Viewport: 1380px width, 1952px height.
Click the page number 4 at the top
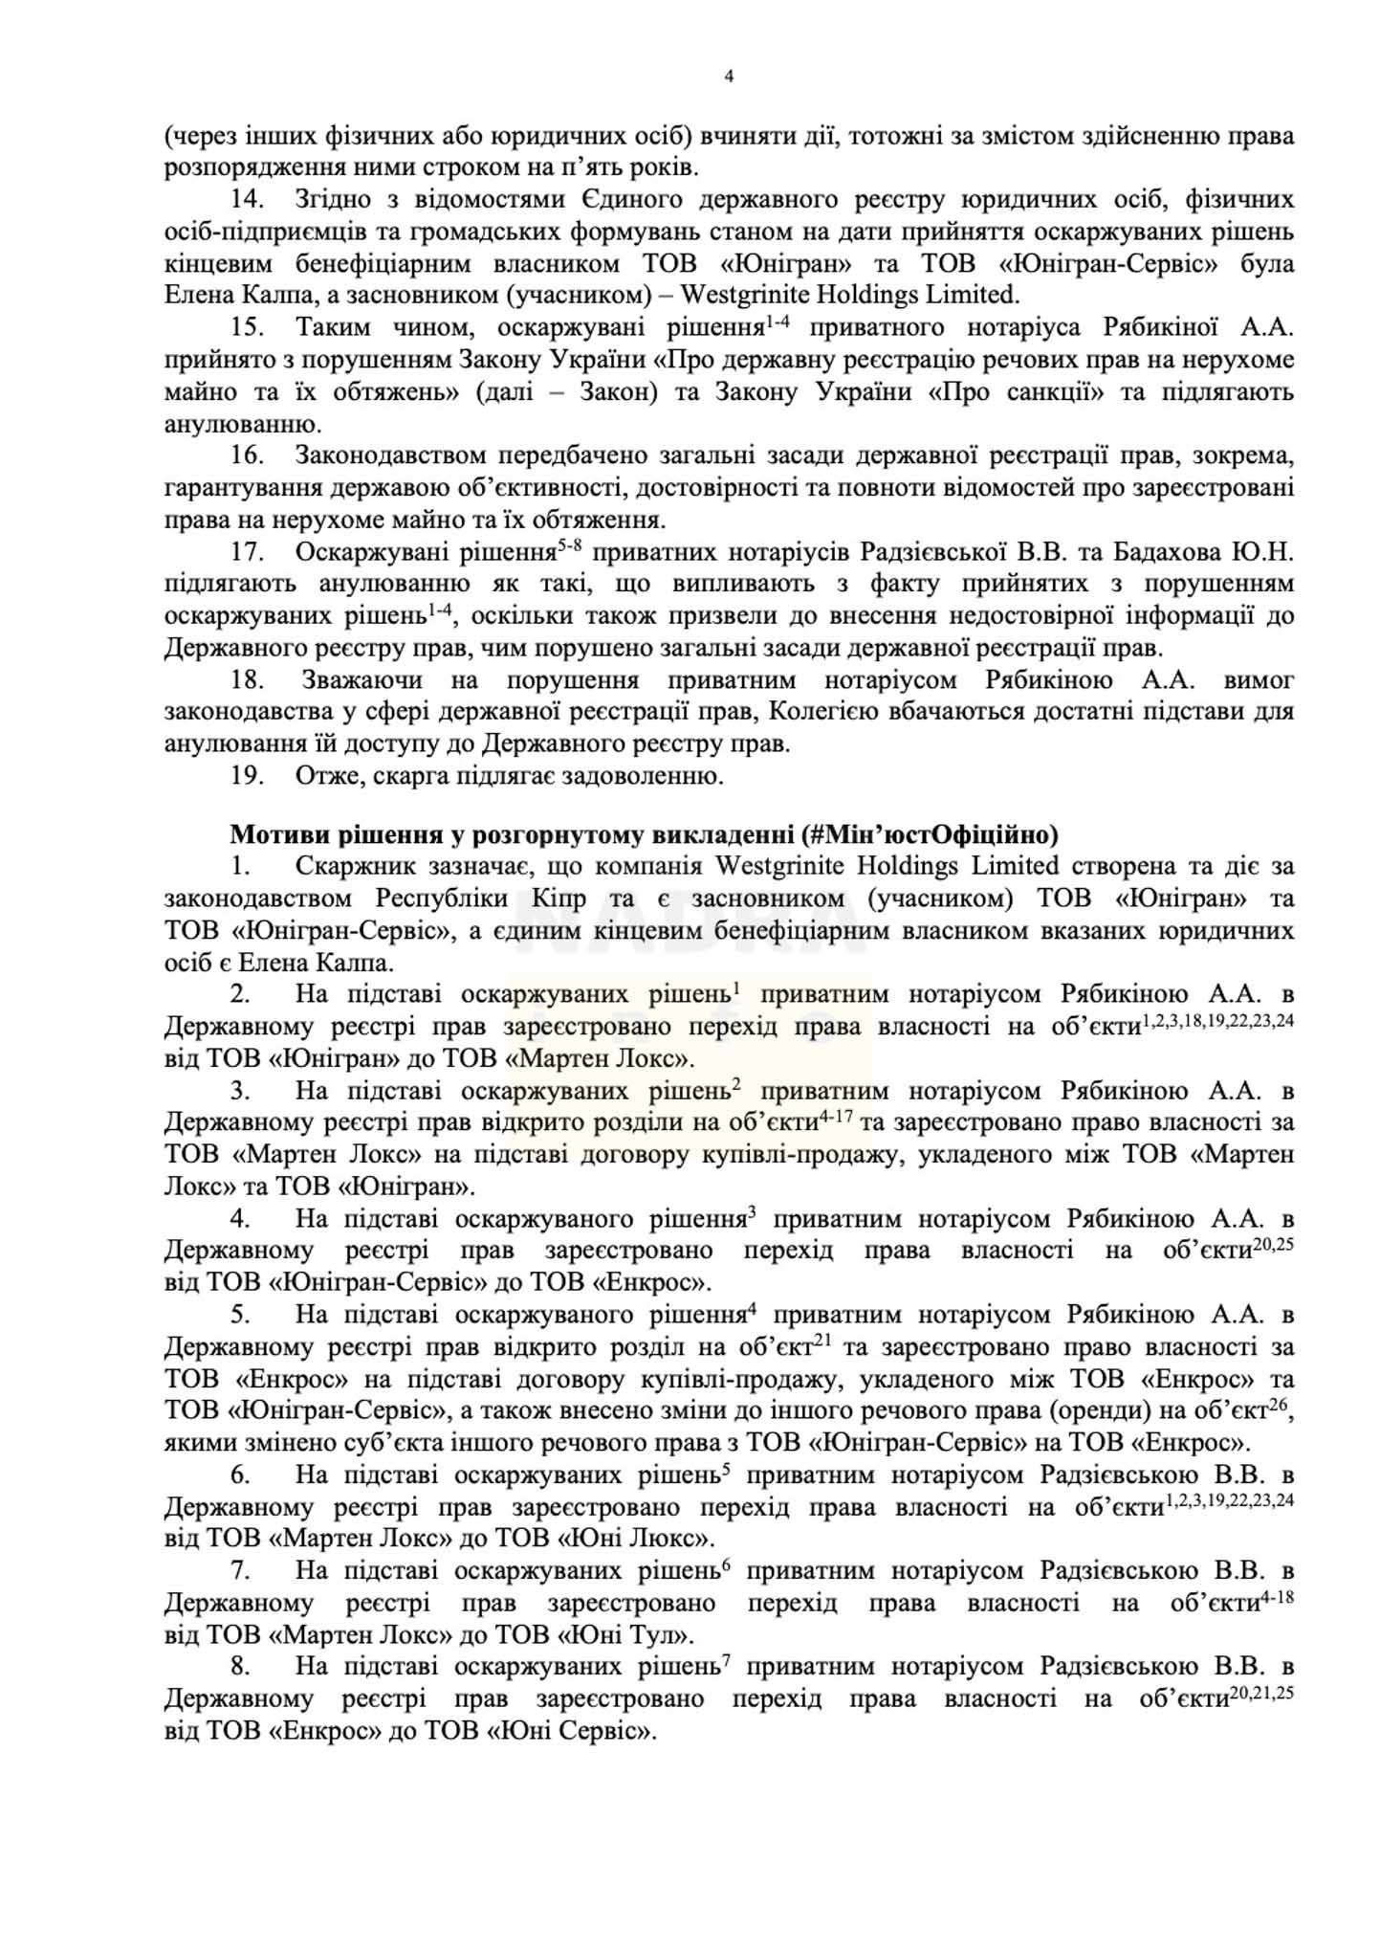[x=729, y=78]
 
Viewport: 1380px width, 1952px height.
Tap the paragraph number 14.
[x=247, y=200]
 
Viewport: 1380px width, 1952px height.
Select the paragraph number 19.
[x=247, y=775]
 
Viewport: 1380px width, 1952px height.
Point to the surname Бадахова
[x=1159, y=552]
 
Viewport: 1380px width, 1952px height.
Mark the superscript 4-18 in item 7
[x=1278, y=1595]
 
